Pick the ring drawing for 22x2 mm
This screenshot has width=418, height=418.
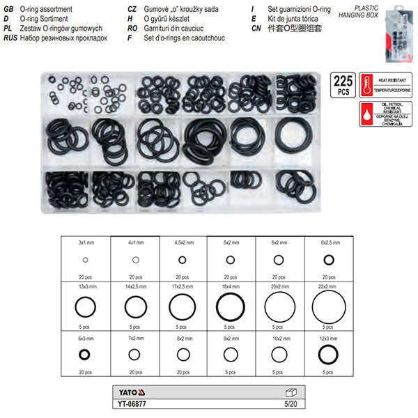tap(328, 306)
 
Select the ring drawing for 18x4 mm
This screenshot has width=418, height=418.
tap(230, 306)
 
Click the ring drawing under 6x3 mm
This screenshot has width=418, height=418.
tap(85, 355)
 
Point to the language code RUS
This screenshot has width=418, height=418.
tap(10, 38)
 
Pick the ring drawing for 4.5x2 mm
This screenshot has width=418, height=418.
tap(182, 259)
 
